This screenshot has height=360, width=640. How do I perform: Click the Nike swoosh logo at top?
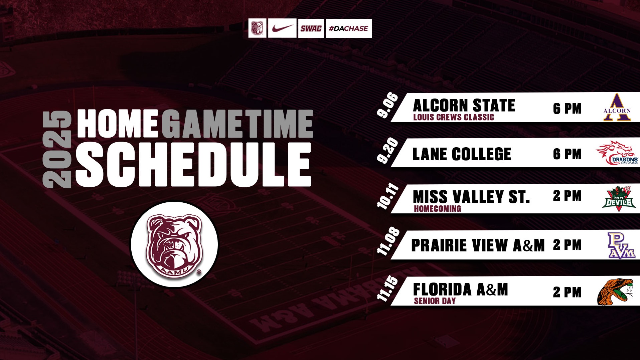(x=282, y=28)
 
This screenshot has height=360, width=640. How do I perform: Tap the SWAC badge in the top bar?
(x=311, y=28)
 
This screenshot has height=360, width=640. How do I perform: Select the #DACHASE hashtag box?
(x=348, y=28)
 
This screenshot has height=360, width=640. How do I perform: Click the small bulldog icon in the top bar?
(x=257, y=28)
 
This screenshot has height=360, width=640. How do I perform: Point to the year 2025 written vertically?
(x=57, y=149)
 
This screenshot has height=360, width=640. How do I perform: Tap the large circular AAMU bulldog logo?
(x=174, y=244)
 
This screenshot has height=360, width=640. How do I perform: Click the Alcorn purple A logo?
(x=617, y=108)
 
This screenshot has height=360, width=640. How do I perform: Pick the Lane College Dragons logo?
(x=617, y=153)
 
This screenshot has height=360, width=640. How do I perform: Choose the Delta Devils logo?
(x=619, y=199)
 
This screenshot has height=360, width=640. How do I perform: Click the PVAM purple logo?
(x=621, y=245)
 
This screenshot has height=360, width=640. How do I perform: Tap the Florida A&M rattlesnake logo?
(x=615, y=292)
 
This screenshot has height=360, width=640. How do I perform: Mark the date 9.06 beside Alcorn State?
(x=388, y=106)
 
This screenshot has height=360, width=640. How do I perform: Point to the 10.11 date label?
(x=388, y=197)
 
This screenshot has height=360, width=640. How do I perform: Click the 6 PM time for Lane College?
(x=567, y=154)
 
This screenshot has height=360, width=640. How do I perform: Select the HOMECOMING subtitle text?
(x=437, y=209)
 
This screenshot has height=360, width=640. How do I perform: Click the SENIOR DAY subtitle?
(x=435, y=301)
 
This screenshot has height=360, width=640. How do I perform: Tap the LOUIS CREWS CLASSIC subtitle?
(x=453, y=117)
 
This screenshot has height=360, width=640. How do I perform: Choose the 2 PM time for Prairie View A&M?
(x=567, y=245)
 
